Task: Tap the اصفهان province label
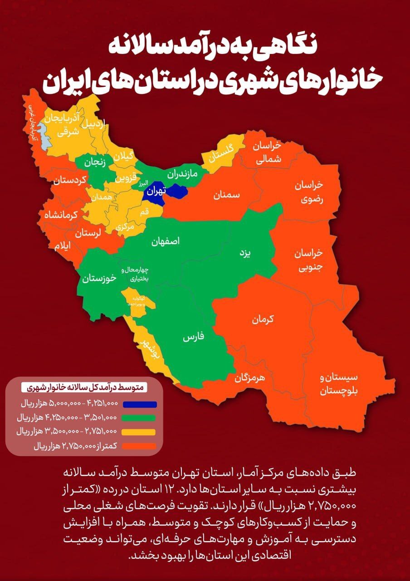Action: click(166, 241)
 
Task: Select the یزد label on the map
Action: click(245, 253)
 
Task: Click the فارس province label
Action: click(194, 338)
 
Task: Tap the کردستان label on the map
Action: click(69, 181)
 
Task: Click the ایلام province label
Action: click(63, 246)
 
